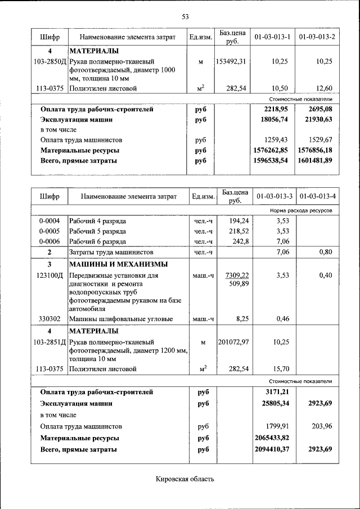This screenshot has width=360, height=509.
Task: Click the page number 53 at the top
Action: click(x=184, y=16)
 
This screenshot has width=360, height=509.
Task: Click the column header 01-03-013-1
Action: click(x=272, y=37)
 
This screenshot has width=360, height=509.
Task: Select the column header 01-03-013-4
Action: click(x=318, y=197)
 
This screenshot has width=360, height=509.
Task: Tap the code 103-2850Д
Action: click(x=49, y=61)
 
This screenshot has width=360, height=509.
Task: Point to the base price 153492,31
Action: click(x=231, y=61)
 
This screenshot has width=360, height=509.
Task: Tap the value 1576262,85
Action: click(x=272, y=150)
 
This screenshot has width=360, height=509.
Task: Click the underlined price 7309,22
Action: click(x=237, y=276)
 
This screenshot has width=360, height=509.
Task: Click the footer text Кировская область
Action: click(x=185, y=479)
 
